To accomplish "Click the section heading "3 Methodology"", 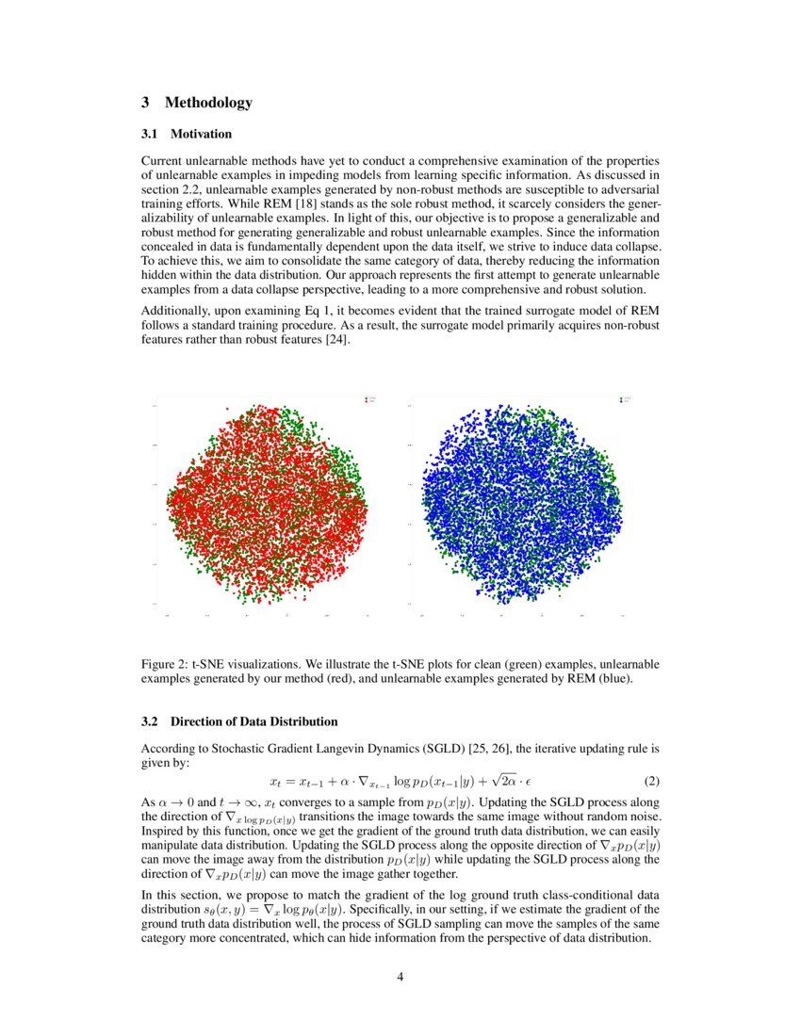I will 196,102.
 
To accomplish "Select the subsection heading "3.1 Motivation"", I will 186,134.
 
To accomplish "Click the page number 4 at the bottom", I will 400,976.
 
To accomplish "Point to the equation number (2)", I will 651,782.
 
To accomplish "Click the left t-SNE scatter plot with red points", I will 267,504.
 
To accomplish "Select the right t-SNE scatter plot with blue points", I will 519,504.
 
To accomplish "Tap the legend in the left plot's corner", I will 370,400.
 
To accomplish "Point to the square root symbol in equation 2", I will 482,781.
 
